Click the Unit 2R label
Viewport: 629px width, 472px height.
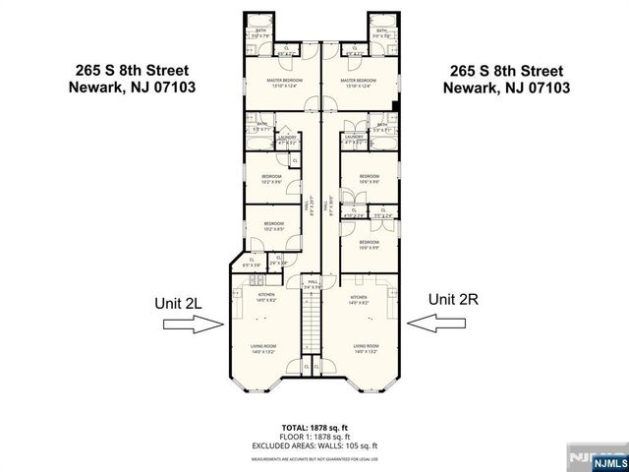(x=453, y=298)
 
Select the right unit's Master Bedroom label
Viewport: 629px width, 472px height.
(x=360, y=82)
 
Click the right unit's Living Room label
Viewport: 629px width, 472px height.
(x=367, y=348)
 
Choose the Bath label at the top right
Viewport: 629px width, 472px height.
(x=381, y=33)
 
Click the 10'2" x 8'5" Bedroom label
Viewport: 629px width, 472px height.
(x=274, y=227)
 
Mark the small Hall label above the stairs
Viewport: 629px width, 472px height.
(x=313, y=283)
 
